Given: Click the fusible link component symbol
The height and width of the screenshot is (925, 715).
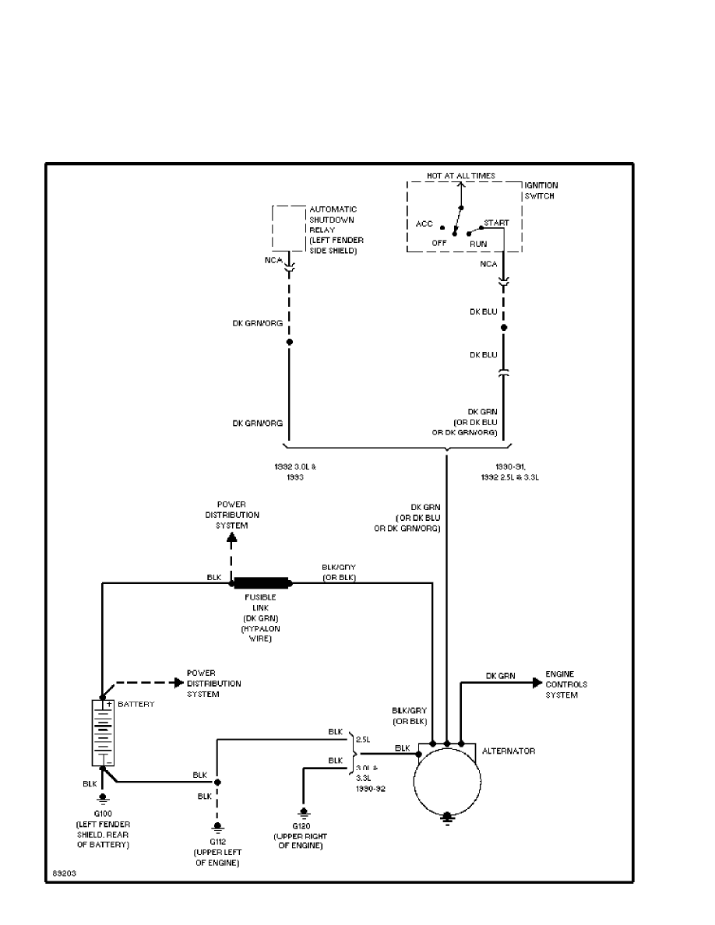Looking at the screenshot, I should click(262, 582).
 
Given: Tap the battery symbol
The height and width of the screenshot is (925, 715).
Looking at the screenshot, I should click(103, 733).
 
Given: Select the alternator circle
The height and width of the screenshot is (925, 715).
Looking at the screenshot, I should click(446, 783).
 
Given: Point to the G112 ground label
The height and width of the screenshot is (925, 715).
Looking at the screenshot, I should click(217, 842).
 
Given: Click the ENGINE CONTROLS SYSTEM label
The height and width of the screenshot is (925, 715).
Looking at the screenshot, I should click(566, 684).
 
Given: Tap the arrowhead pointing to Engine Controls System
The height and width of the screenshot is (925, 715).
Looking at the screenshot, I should click(537, 683).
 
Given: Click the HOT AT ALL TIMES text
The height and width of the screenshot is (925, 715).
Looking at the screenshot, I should click(460, 176).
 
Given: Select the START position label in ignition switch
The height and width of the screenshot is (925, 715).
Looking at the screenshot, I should click(496, 223).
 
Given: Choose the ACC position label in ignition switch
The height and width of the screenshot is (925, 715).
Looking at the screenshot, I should click(424, 224).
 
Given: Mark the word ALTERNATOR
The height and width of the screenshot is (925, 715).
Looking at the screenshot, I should click(509, 751).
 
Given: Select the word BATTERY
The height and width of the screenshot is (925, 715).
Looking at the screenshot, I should click(136, 704).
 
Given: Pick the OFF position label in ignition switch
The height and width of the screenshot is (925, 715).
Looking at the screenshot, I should click(439, 243).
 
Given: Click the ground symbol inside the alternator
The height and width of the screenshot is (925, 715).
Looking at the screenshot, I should click(446, 817).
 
